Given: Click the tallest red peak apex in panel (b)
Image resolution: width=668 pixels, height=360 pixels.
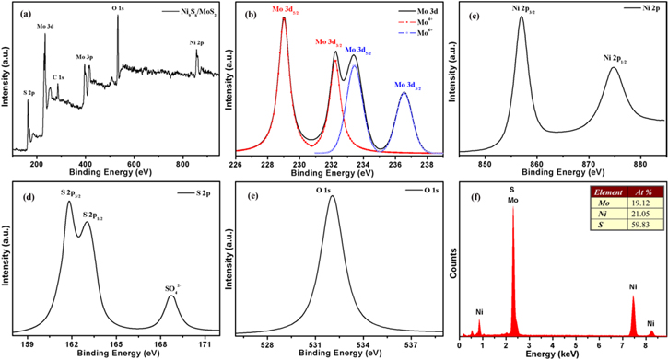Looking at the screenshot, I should coord(284,17).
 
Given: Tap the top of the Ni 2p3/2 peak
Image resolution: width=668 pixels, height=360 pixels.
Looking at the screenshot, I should coord(522,17).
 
